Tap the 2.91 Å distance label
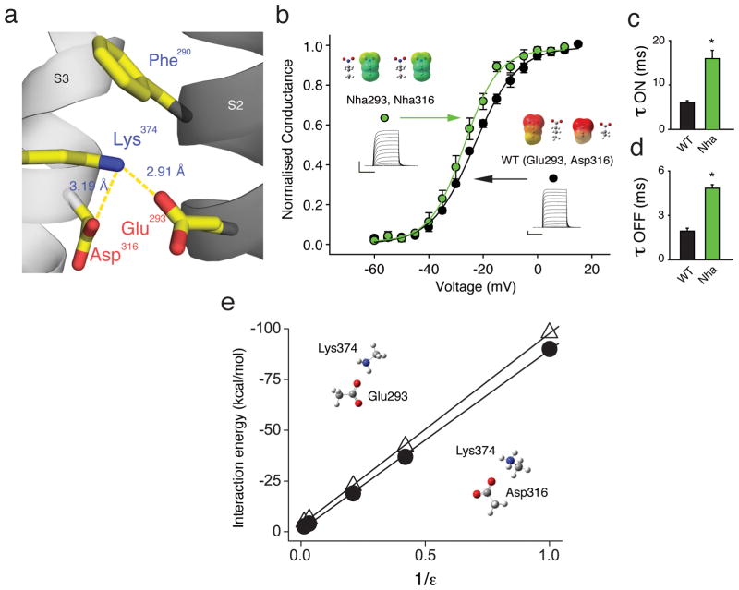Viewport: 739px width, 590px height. coord(172,171)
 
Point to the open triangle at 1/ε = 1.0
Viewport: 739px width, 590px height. coord(550,332)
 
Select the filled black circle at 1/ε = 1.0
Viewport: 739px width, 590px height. coord(550,348)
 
